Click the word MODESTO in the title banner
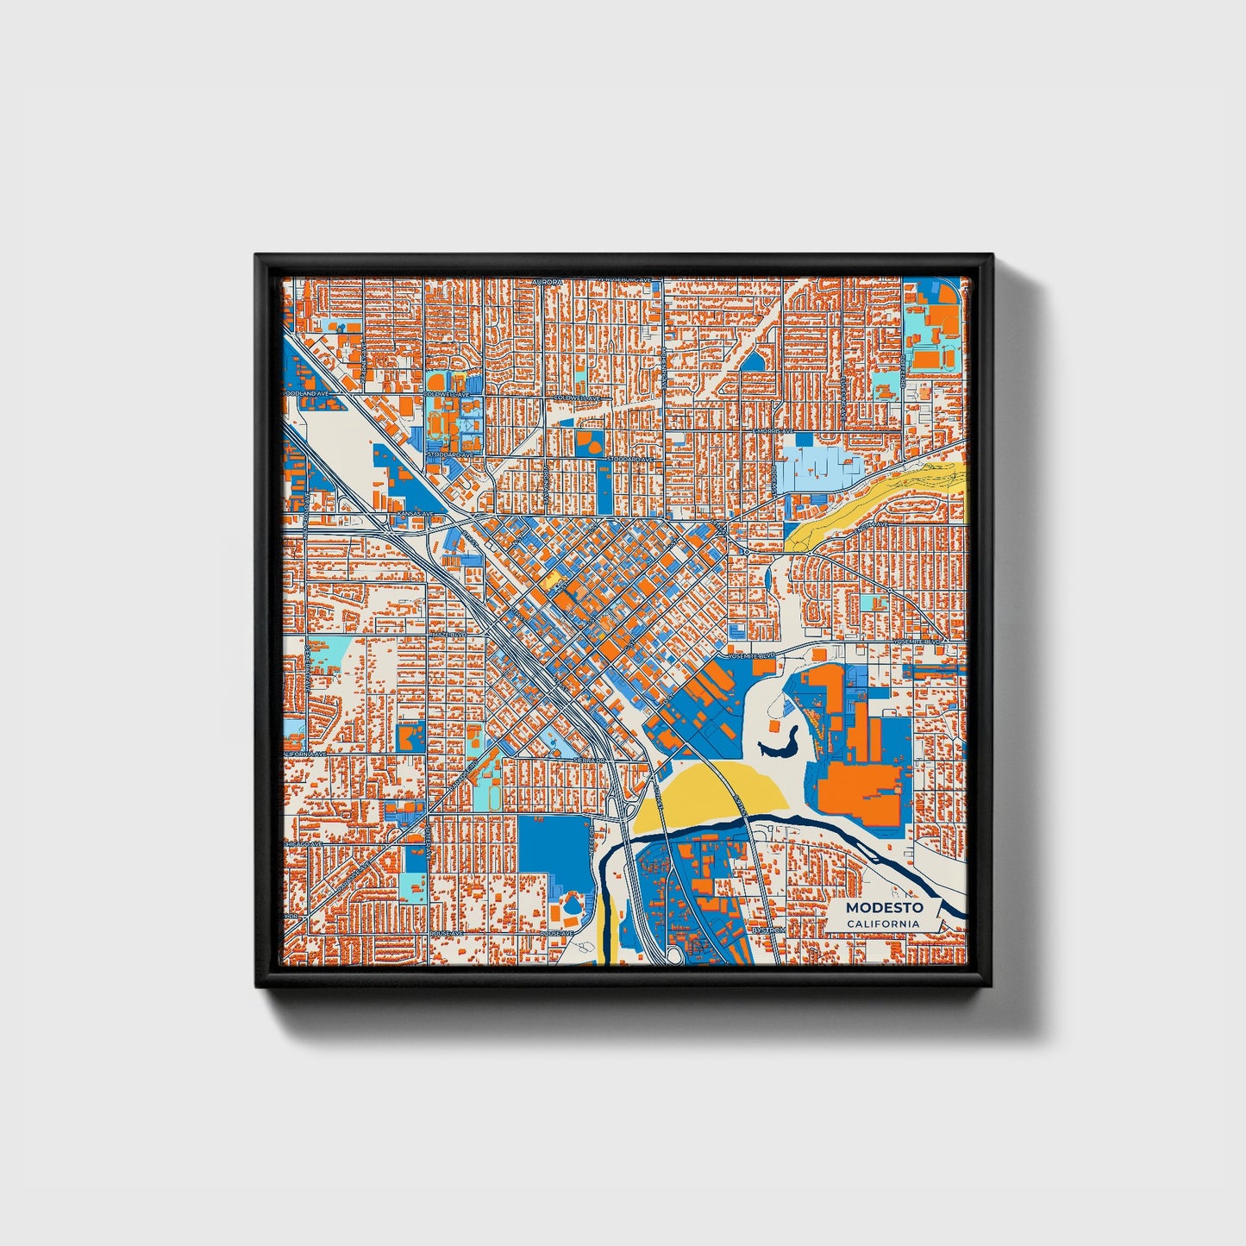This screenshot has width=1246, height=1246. tap(884, 907)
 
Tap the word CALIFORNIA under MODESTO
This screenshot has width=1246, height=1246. tap(882, 924)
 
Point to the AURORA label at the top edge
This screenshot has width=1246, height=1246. tap(547, 282)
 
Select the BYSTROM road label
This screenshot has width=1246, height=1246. tap(767, 930)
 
